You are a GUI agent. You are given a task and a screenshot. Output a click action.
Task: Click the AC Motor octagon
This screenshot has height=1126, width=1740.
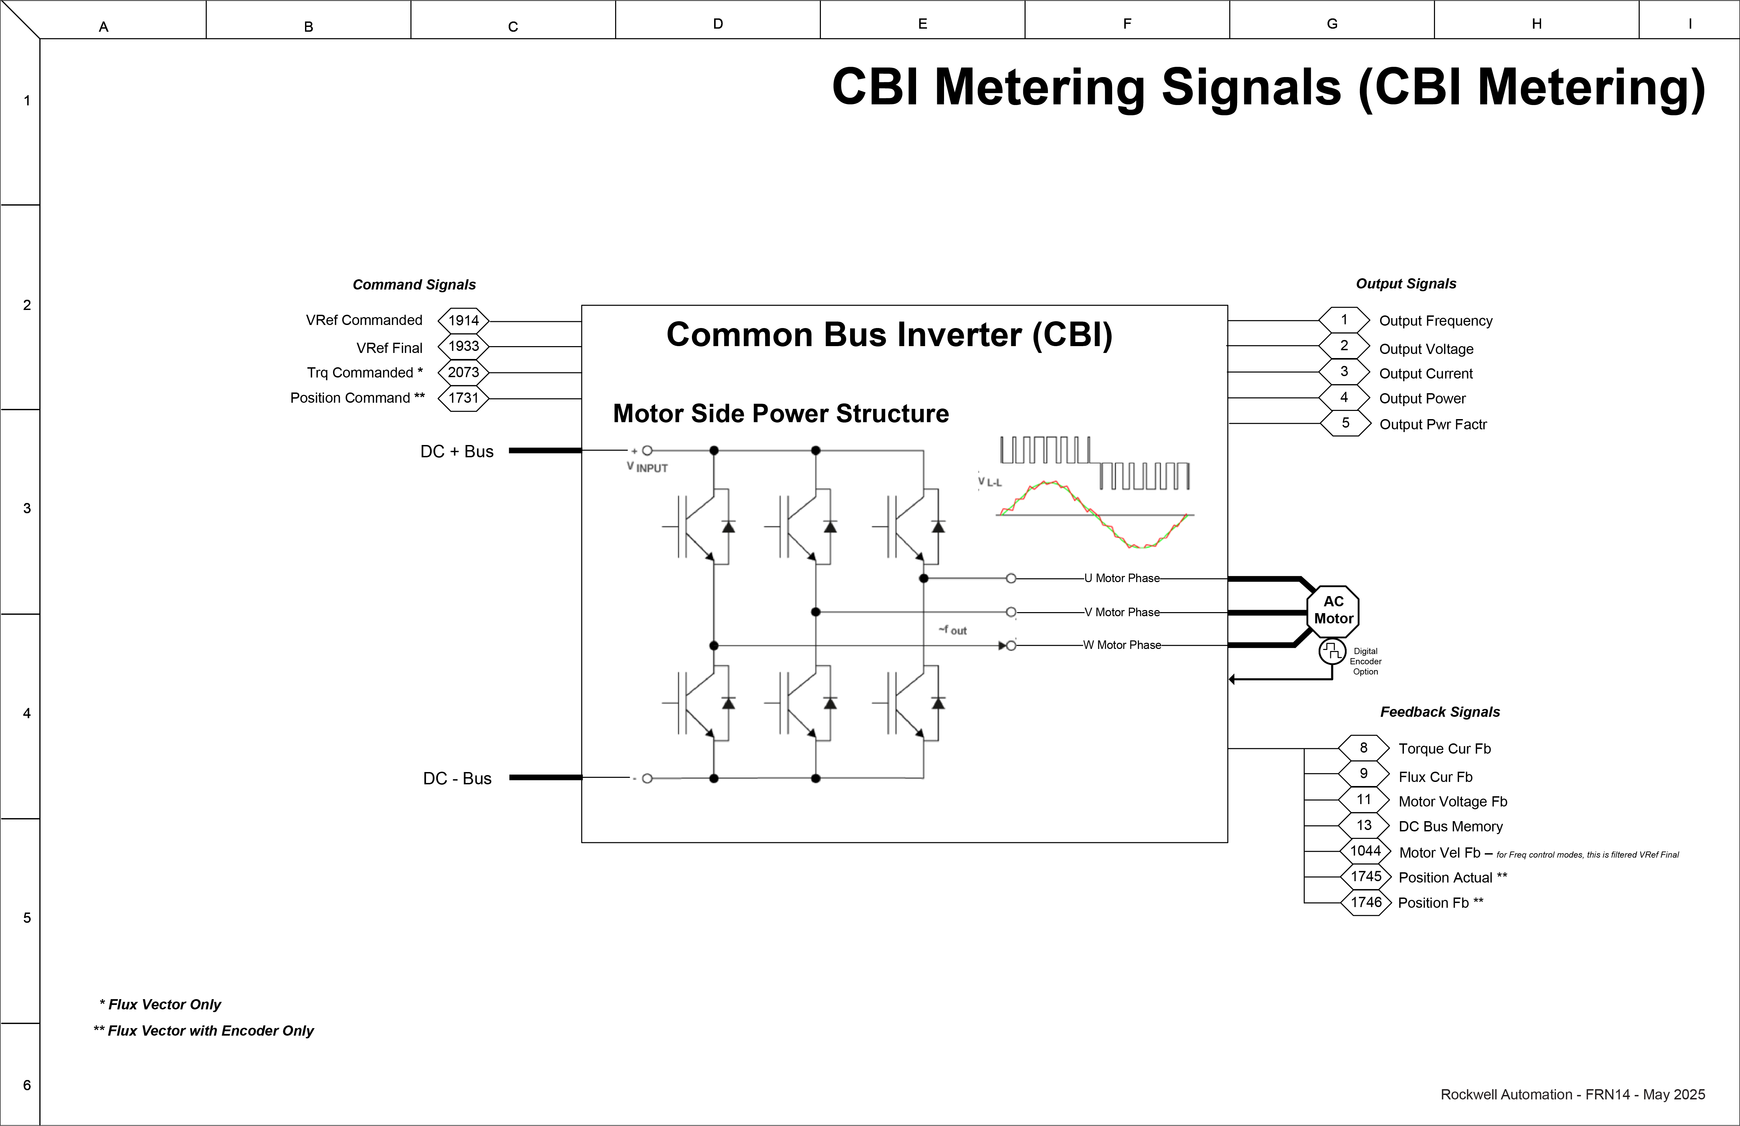click(x=1333, y=610)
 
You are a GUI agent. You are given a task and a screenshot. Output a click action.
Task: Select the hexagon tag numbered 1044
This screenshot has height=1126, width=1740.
click(x=1365, y=851)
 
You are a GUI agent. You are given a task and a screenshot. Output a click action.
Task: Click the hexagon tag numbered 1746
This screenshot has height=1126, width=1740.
click(x=1366, y=902)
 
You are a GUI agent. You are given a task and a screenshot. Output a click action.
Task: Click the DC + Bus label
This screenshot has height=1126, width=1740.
click(x=457, y=451)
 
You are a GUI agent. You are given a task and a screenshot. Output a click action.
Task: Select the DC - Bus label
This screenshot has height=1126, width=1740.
click(x=457, y=779)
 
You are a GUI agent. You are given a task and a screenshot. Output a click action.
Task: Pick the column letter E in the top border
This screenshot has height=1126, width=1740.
click(x=923, y=24)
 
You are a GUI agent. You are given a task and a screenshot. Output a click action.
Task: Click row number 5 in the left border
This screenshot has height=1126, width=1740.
click(x=27, y=918)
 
